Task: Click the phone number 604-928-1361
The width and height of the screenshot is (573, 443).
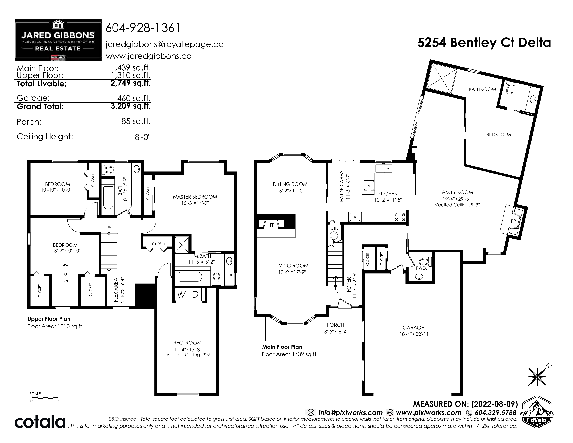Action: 143,28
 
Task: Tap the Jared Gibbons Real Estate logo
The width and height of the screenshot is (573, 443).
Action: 58,40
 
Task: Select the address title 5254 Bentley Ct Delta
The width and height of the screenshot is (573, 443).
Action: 484,43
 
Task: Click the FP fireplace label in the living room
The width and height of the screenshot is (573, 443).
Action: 272,225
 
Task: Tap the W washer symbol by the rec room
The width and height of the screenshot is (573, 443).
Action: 181,295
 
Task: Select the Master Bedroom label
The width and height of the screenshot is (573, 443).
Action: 195,197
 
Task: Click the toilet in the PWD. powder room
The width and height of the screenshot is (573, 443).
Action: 425,261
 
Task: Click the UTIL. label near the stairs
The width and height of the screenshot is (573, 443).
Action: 335,228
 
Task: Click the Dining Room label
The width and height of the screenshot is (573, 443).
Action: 290,184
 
